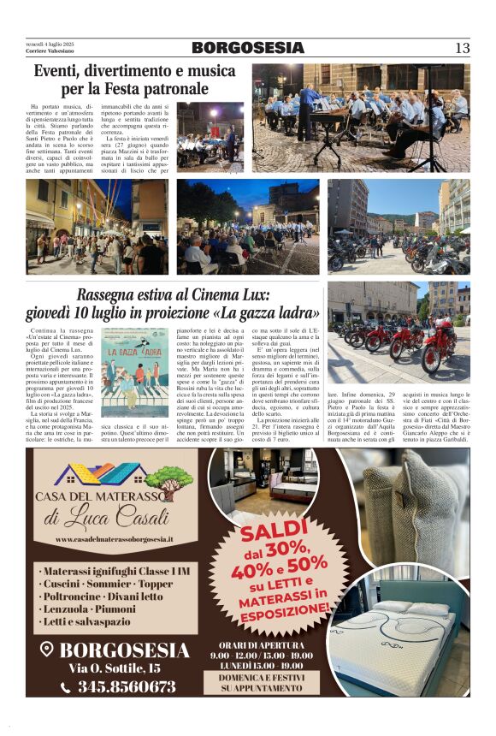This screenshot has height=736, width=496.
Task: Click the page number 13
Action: (462, 48)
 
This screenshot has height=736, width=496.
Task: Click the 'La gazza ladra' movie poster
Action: (135, 371)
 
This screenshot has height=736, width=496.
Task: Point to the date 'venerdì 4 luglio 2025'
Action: (50, 45)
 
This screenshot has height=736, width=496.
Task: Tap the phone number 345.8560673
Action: (126, 686)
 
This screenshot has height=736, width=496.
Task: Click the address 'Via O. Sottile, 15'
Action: (114, 668)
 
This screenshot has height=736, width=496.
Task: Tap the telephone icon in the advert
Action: (66, 687)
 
